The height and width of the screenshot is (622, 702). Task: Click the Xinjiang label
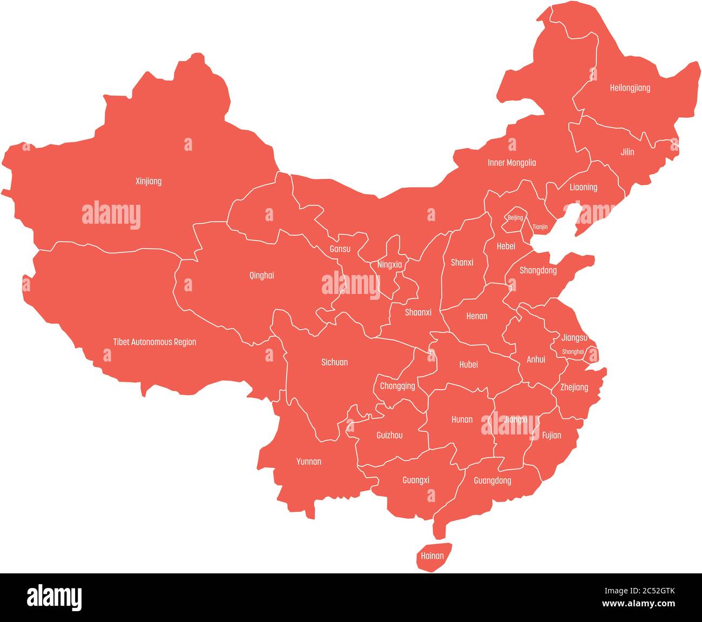click(x=148, y=182)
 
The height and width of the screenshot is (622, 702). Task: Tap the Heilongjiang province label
click(x=630, y=88)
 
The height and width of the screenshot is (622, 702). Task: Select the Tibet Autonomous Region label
click(x=154, y=342)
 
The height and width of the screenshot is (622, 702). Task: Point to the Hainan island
click(x=433, y=557)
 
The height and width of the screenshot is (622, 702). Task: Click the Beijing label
click(x=515, y=218)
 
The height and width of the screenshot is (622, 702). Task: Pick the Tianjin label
click(x=540, y=228)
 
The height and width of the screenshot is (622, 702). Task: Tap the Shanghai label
click(x=573, y=352)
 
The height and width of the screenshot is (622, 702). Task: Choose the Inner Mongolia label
click(x=511, y=163)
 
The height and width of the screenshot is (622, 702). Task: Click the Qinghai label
click(x=261, y=276)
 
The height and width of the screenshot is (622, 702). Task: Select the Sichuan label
click(x=335, y=363)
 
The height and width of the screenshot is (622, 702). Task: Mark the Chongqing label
click(x=397, y=386)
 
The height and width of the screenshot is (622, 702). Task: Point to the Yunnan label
click(x=309, y=462)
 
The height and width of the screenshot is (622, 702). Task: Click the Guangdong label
click(x=492, y=481)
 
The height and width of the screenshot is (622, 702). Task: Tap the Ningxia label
click(x=389, y=265)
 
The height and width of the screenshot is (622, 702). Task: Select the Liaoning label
click(x=583, y=188)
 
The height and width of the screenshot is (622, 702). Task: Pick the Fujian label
click(x=551, y=436)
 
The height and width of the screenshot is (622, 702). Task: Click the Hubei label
click(x=469, y=365)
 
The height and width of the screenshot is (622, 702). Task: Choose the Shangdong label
click(x=538, y=271)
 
